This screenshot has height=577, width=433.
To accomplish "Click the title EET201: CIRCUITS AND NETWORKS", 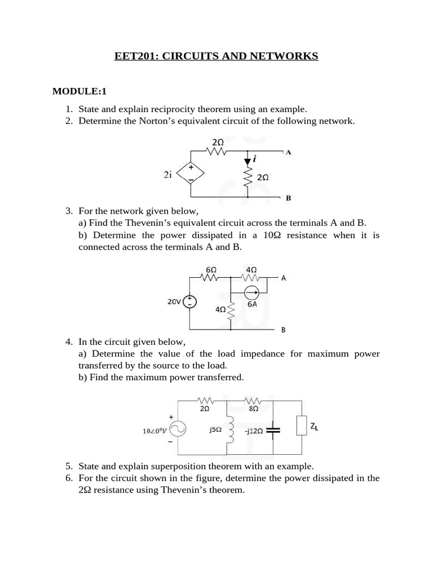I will point(216,56).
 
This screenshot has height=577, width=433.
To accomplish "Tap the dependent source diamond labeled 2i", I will point(191,174).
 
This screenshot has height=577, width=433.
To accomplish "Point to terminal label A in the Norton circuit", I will point(288,152).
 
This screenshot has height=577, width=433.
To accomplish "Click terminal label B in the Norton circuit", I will point(288,198).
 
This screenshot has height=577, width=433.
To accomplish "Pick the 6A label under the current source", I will point(252,304).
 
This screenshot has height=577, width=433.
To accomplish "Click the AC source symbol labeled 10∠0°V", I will point(178,430).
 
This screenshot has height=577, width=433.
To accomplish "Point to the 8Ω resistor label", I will point(253,410).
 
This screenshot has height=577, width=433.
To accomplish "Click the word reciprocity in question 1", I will point(160,109).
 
